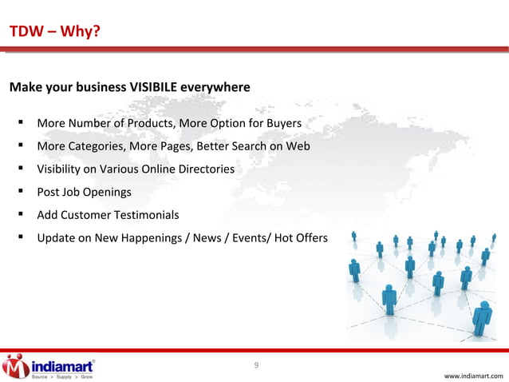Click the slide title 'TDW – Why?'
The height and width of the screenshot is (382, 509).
54,32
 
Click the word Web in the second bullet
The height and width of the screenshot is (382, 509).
298,147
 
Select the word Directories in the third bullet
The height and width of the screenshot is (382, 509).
203,169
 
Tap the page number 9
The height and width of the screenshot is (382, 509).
255,366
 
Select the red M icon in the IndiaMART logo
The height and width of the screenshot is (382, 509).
15,366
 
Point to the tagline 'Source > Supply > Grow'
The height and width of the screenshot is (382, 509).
61,376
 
